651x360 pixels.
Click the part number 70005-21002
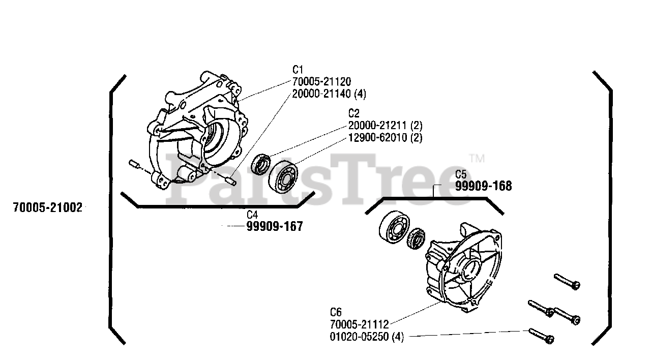[48, 207]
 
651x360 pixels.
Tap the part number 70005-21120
[321, 82]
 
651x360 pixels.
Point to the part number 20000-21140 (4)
[329, 94]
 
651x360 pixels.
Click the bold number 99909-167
[275, 227]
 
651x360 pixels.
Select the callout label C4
[253, 215]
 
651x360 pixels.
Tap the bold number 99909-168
[483, 186]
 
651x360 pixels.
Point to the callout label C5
[461, 174]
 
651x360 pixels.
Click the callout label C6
[336, 312]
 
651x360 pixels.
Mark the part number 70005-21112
[359, 324]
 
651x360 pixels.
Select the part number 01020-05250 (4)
[366, 337]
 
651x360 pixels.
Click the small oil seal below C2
[263, 164]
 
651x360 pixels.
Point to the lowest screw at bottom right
[542, 336]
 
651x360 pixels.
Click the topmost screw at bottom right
[567, 281]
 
